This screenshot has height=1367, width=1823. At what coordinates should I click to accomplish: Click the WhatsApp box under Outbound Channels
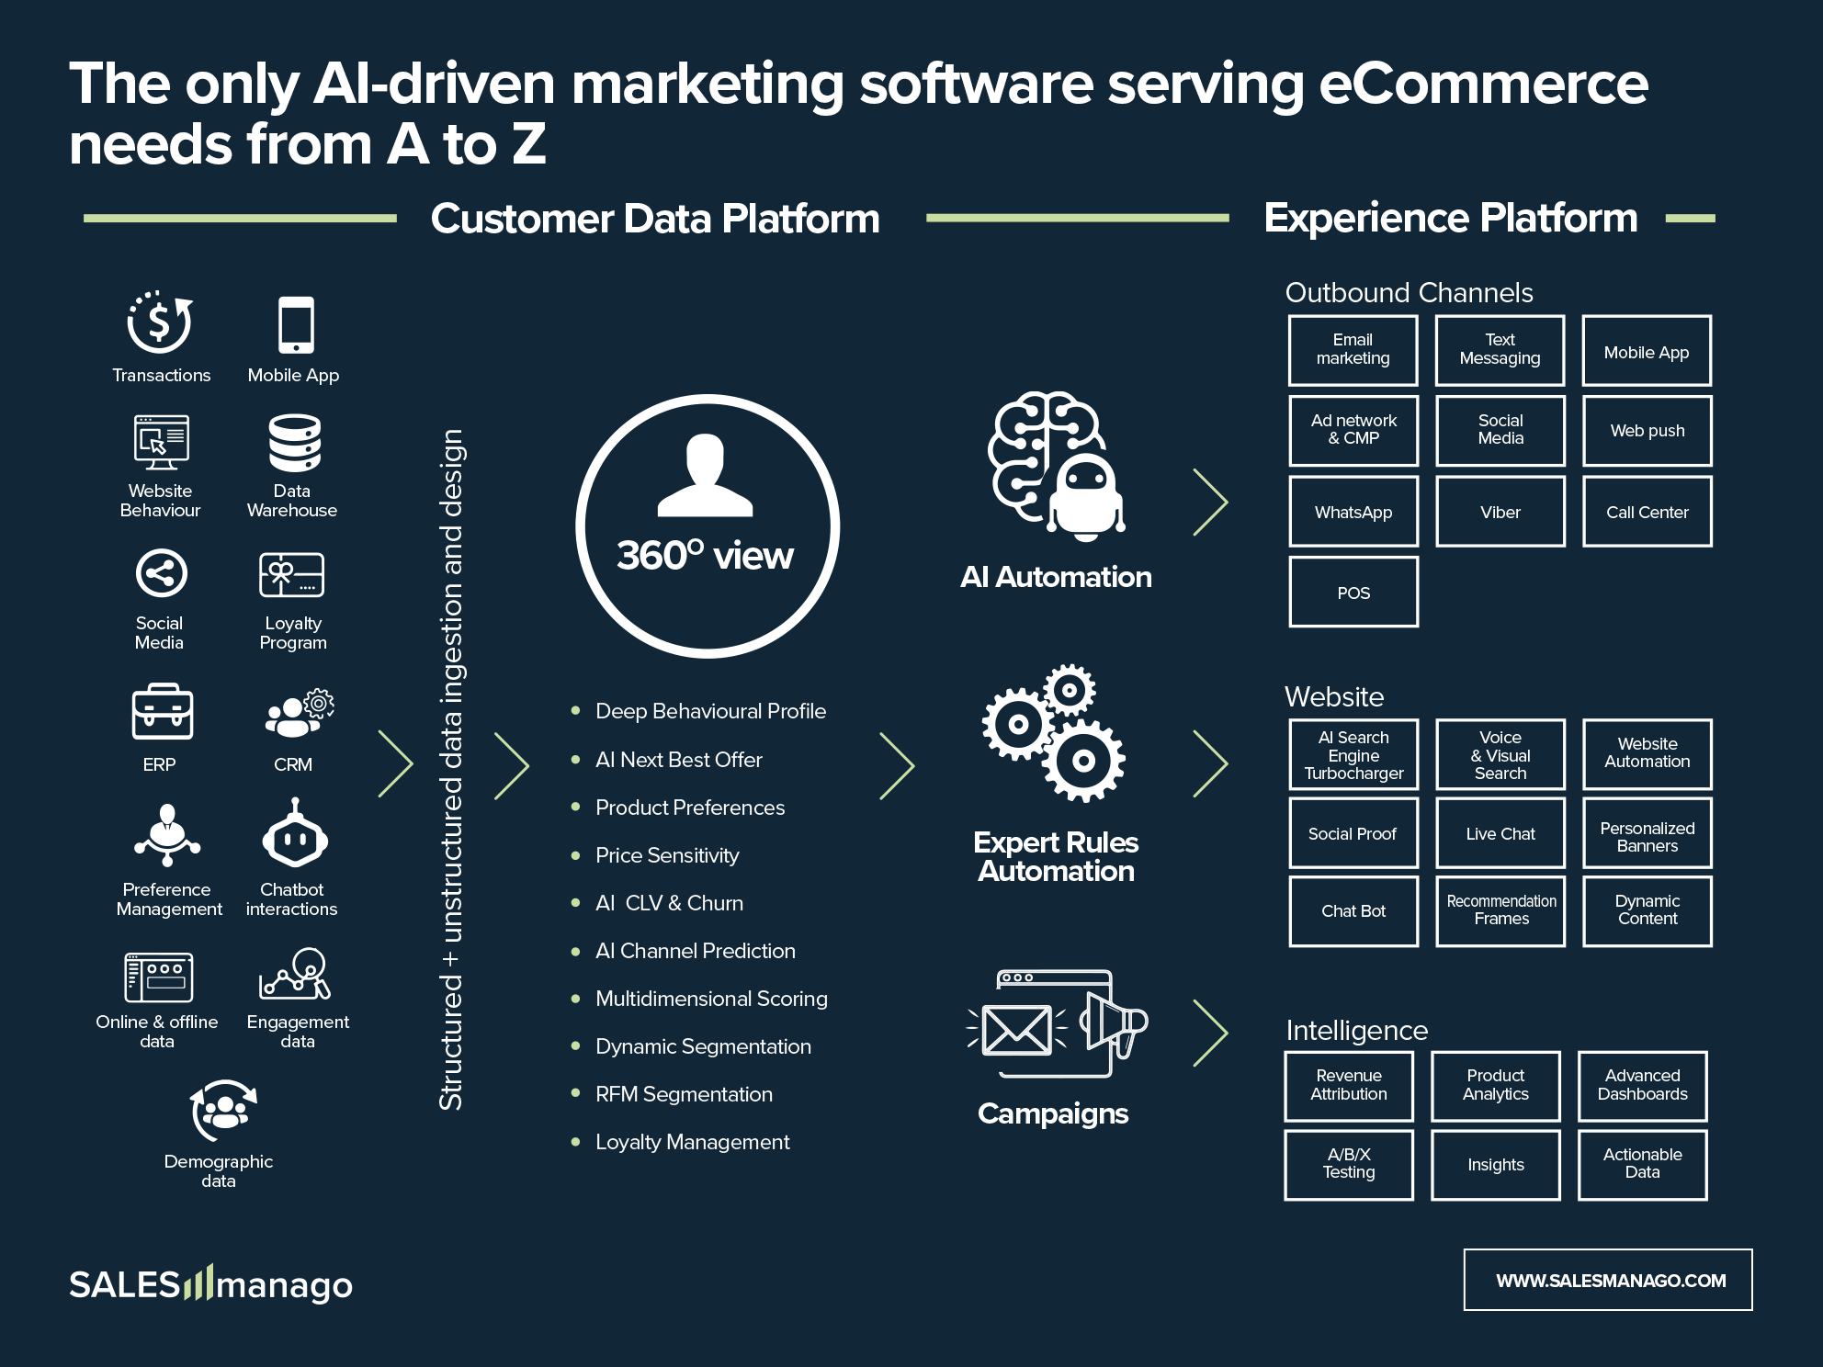1353,512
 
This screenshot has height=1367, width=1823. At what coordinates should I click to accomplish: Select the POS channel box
1353,593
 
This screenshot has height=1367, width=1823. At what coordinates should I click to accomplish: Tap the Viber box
1500,512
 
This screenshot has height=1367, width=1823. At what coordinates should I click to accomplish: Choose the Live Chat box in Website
1500,833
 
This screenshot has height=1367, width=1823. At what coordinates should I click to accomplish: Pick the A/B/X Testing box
1348,1164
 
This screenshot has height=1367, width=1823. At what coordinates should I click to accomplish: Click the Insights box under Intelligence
1495,1164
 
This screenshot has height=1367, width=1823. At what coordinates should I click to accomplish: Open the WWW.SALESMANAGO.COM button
1608,1280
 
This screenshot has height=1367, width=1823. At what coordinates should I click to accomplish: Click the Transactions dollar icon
160,323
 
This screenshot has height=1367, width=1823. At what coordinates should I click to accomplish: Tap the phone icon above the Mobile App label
296,324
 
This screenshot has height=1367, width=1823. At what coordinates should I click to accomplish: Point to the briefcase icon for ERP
162,712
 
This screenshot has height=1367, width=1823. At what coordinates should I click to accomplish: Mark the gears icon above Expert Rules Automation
1055,732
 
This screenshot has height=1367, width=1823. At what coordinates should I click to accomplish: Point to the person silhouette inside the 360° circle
706,475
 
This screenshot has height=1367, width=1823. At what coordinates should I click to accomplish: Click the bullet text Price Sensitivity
667,855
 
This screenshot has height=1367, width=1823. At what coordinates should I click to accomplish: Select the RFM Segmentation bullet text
684,1094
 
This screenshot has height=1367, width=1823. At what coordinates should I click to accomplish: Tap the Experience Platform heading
1450,219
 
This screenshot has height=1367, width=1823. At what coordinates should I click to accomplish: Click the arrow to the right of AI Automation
1210,502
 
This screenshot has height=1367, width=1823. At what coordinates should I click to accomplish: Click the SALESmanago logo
210,1283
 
